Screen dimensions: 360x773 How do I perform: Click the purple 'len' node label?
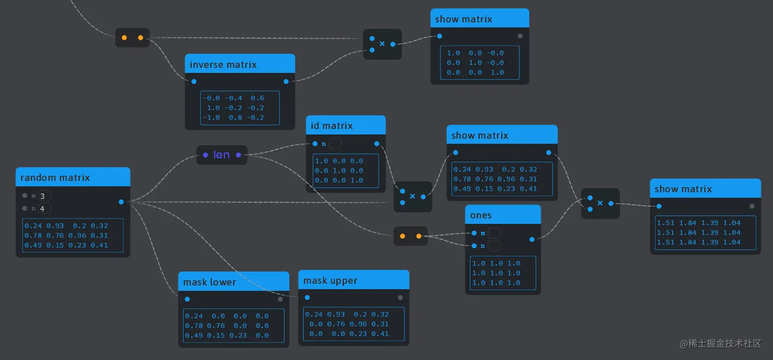221,155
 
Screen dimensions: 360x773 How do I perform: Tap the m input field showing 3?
44,196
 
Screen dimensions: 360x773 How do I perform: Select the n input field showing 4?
44,209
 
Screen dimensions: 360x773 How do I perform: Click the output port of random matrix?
121,202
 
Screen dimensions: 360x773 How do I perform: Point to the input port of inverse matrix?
194,81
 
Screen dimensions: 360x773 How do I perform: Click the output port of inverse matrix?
286,81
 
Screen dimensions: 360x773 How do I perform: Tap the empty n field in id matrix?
335,144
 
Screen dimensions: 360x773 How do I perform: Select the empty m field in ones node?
494,233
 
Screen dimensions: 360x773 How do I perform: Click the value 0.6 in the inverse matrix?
258,98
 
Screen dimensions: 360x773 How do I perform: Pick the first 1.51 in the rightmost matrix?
666,223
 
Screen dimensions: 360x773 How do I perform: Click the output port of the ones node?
532,239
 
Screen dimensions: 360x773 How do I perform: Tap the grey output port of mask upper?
400,298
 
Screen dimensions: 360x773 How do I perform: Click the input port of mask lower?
187,299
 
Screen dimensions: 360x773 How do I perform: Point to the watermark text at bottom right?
720,344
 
